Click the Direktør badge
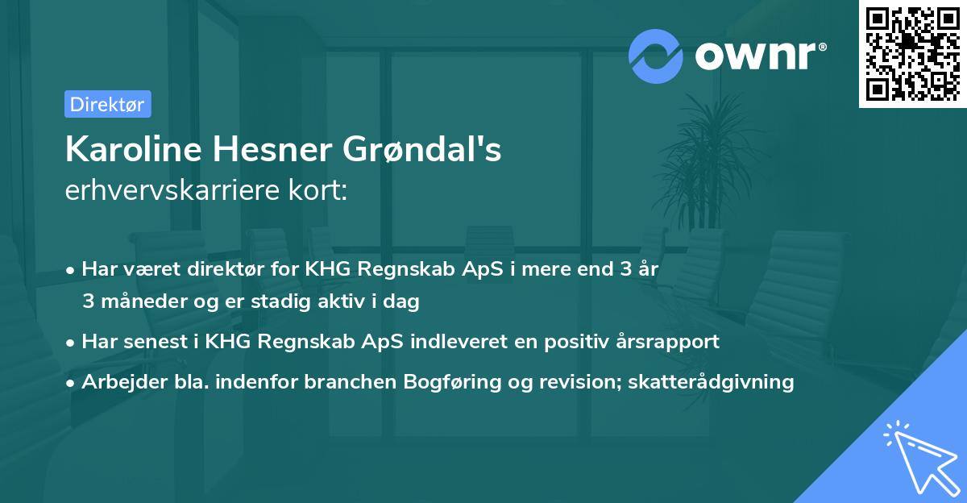[107, 104]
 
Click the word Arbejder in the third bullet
[117, 381]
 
